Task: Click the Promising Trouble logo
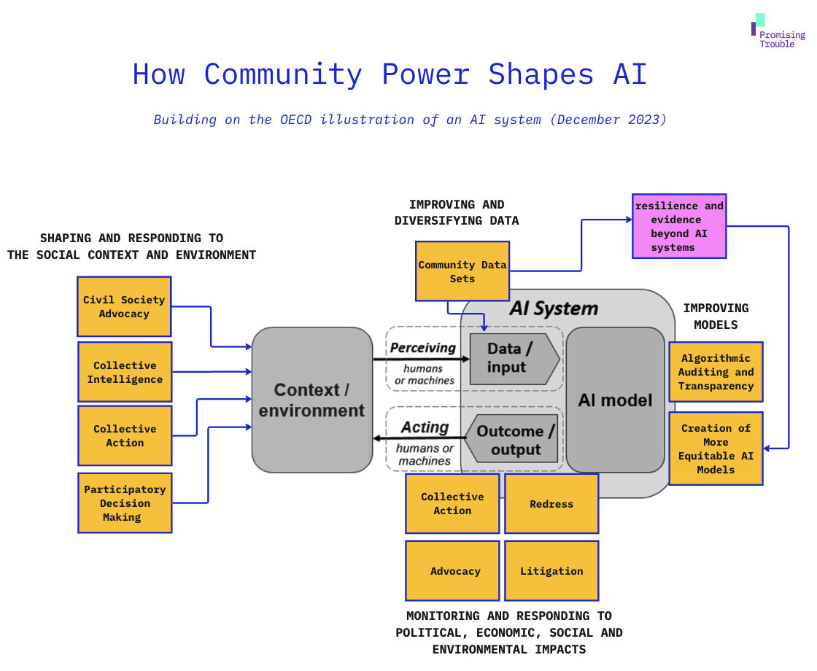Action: tap(778, 31)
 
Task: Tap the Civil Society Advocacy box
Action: tap(125, 306)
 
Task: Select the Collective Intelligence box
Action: tap(125, 372)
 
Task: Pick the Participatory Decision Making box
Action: tap(125, 503)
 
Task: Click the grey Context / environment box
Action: tap(312, 400)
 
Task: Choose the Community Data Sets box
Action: tap(462, 271)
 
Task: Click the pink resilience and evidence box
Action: tap(679, 226)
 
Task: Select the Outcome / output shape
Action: tap(514, 440)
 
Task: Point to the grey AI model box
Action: tap(615, 400)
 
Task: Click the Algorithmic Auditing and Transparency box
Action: tap(716, 372)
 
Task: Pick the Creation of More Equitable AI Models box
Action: tap(716, 449)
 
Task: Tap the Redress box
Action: tap(551, 504)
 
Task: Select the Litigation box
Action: tap(551, 571)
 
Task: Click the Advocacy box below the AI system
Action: tap(453, 571)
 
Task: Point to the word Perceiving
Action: tap(423, 348)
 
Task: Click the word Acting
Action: tap(425, 427)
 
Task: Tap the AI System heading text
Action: tap(553, 309)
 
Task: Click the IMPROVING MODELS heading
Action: tap(716, 317)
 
